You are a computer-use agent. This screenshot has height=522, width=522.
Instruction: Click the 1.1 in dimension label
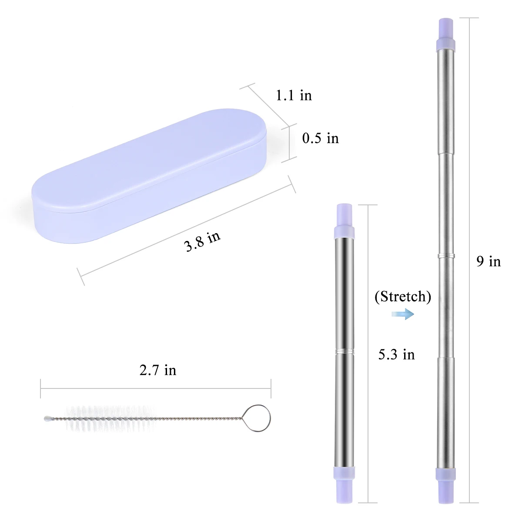click(x=294, y=95)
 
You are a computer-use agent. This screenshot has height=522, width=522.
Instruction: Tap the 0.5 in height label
click(x=321, y=138)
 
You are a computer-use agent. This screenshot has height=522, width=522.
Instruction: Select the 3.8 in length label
click(x=202, y=241)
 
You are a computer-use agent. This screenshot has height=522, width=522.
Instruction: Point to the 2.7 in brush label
click(x=157, y=370)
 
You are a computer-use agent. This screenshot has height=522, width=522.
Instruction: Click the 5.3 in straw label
click(x=396, y=355)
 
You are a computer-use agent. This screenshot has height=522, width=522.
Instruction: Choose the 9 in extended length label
click(x=489, y=261)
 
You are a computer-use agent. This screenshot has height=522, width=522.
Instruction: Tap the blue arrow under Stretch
click(x=403, y=314)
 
